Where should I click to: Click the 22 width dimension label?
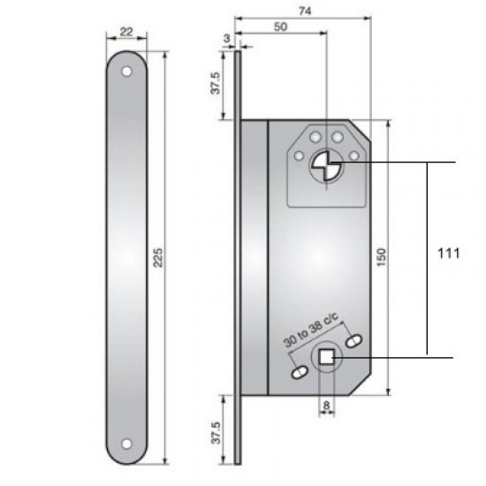coord(126,32)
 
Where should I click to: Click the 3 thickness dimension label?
coord(227,38)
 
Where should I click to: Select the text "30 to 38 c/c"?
coord(311,331)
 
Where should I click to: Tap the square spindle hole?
coord(327,356)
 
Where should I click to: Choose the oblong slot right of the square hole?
coord(356,339)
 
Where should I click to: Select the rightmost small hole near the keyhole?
coord(353,156)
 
